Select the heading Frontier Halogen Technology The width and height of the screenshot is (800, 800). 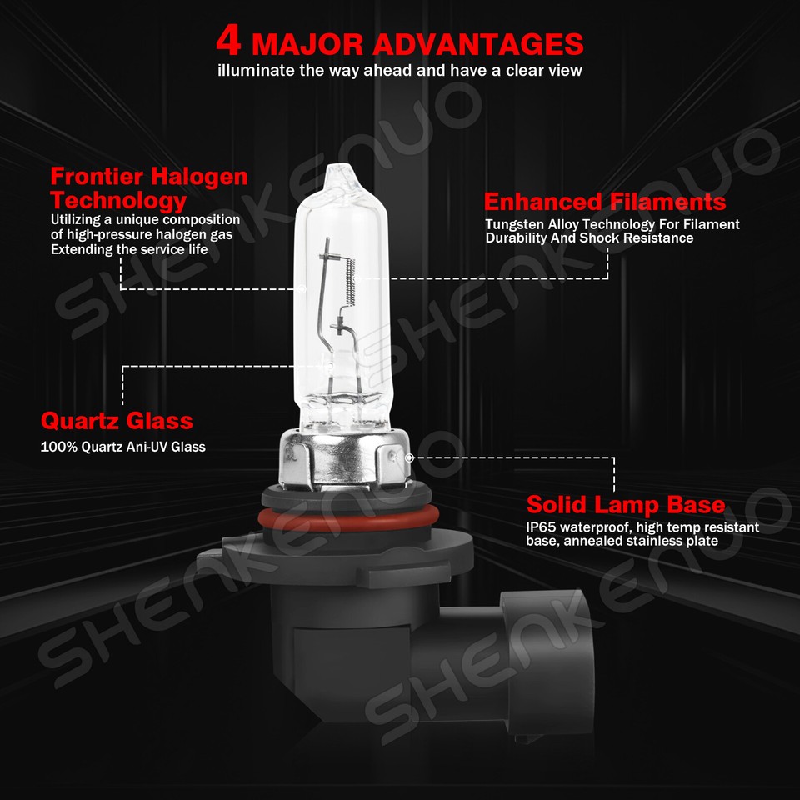pos(148,188)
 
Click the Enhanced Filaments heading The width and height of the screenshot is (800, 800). pos(604,202)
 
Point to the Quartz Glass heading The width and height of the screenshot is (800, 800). pos(117,420)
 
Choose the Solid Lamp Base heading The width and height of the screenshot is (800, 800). pos(625,505)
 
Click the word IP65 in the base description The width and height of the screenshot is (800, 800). pos(541,527)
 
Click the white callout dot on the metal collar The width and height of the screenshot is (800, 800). pos(408,457)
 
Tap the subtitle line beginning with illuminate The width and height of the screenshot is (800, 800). pos(399,71)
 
